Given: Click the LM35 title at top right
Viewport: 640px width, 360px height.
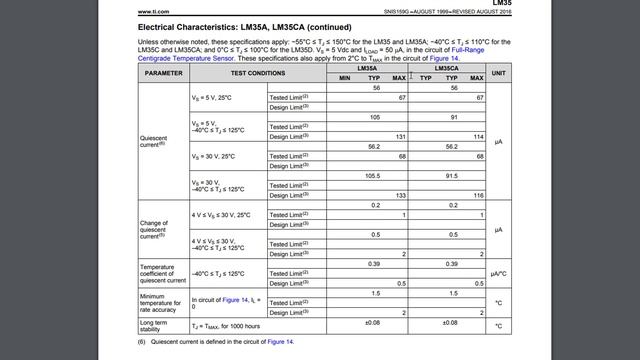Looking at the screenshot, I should click(501, 3).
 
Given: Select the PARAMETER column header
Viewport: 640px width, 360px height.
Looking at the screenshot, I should click(163, 73).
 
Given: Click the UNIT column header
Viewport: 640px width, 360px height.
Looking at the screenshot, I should click(498, 73).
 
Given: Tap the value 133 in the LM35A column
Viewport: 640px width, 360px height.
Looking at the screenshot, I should click(399, 195).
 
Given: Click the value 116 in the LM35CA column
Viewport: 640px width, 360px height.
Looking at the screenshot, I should click(479, 195).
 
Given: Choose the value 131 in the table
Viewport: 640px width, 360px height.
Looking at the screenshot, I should click(399, 136).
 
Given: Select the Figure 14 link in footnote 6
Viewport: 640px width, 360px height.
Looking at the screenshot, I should click(280, 342).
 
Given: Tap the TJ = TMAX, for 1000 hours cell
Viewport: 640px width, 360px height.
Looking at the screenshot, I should click(226, 326).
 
